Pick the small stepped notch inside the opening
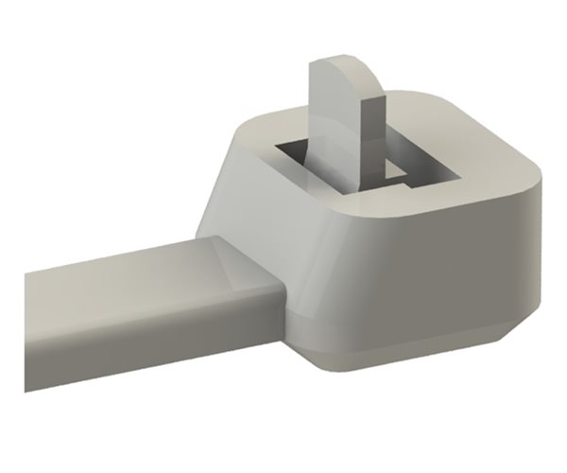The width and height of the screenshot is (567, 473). coord(392,170)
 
